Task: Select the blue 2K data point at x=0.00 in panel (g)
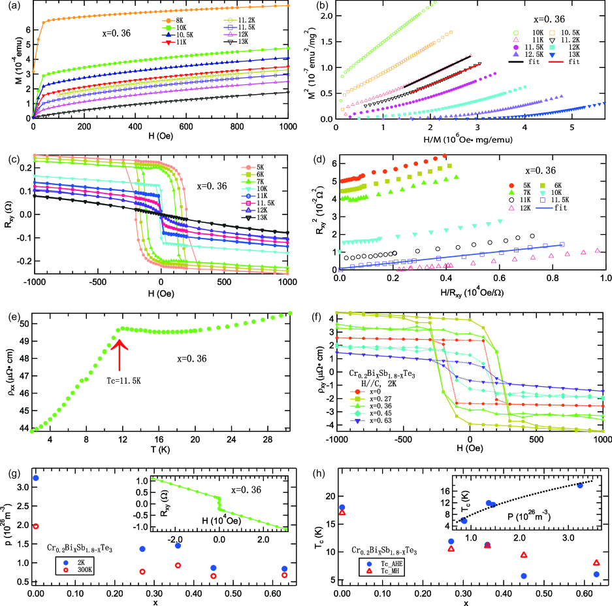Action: pyautogui.click(x=35, y=479)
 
